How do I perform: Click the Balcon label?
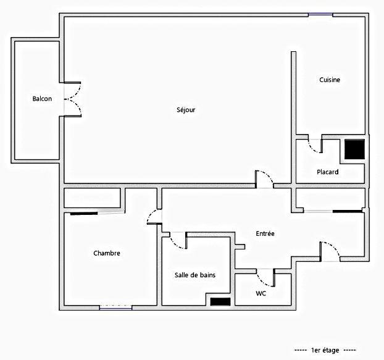coord(42,99)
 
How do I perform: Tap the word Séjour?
coord(186,111)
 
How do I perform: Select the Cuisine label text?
coord(330,80)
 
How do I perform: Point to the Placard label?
coord(327,172)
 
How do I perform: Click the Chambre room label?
coord(106,253)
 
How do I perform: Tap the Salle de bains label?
coord(195,275)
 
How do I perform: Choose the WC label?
coord(261,293)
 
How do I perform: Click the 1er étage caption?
coord(325,350)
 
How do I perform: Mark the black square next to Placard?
coord(354,150)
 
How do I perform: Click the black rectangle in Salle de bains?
coord(220,301)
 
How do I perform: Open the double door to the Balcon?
coord(72,99)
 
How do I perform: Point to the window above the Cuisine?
coord(320,15)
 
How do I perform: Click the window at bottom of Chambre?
coord(115,306)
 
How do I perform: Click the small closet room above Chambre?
coord(93,198)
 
